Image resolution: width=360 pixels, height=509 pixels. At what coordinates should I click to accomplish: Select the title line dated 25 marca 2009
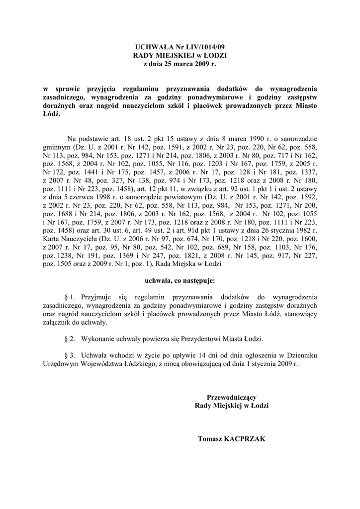tap(180, 64)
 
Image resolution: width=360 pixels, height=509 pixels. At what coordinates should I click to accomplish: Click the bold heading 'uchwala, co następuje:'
tap(180, 281)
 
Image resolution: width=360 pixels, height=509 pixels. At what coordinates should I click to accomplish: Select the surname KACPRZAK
tap(246, 439)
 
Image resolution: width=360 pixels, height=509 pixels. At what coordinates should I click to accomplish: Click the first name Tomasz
tap(209, 439)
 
